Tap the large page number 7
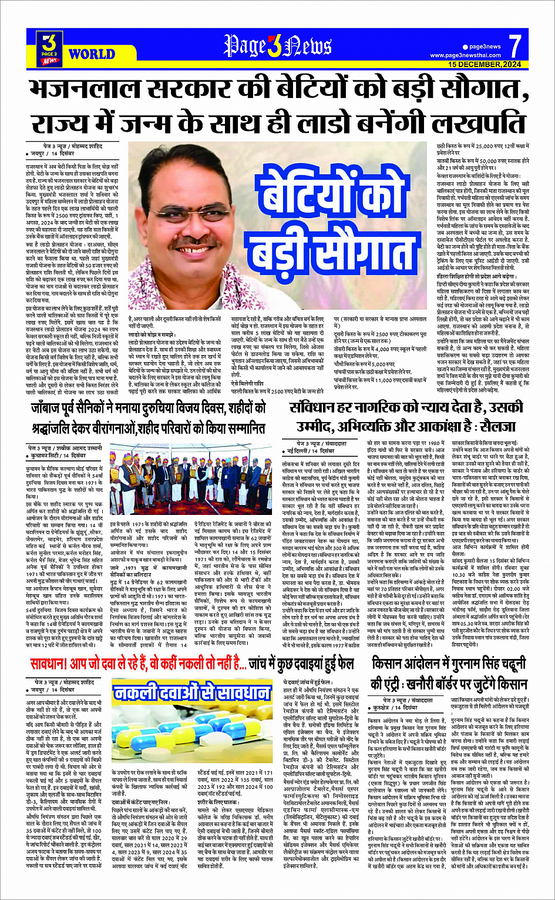coord(514,46)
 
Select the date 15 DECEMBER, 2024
coord(485,64)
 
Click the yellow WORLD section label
coord(92,55)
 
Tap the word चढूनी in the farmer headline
coord(506,664)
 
